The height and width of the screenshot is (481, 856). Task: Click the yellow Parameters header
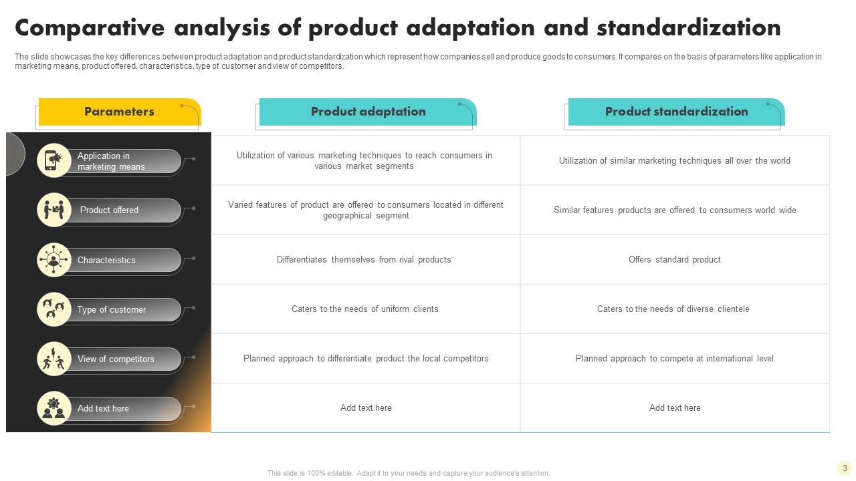(x=119, y=112)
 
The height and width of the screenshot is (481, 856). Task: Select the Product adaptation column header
(x=368, y=112)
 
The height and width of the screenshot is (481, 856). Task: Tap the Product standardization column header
(x=676, y=112)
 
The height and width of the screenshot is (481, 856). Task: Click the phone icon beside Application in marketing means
(x=53, y=160)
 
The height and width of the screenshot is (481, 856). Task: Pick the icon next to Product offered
(x=53, y=210)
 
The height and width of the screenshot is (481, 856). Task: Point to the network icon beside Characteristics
(x=53, y=260)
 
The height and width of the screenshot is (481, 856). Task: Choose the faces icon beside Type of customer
(x=53, y=309)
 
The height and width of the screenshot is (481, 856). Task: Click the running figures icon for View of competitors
(x=53, y=359)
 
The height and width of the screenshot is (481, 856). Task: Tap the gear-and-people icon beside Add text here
(x=53, y=408)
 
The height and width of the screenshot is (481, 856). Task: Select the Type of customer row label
(x=111, y=310)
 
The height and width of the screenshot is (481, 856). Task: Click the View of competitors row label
(x=115, y=359)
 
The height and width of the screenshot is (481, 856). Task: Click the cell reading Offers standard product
(x=674, y=260)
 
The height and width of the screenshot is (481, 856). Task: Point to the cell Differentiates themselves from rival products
(x=364, y=260)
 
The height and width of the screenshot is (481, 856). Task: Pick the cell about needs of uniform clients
(x=364, y=309)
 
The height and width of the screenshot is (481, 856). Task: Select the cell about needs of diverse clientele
(x=673, y=309)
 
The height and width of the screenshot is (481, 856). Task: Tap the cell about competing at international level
(x=674, y=359)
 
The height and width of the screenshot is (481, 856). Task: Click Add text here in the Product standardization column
(x=675, y=408)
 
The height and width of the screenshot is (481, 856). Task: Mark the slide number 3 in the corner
(x=845, y=468)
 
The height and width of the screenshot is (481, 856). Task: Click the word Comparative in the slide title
(x=90, y=28)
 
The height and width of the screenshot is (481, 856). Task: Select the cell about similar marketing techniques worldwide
(x=674, y=161)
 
